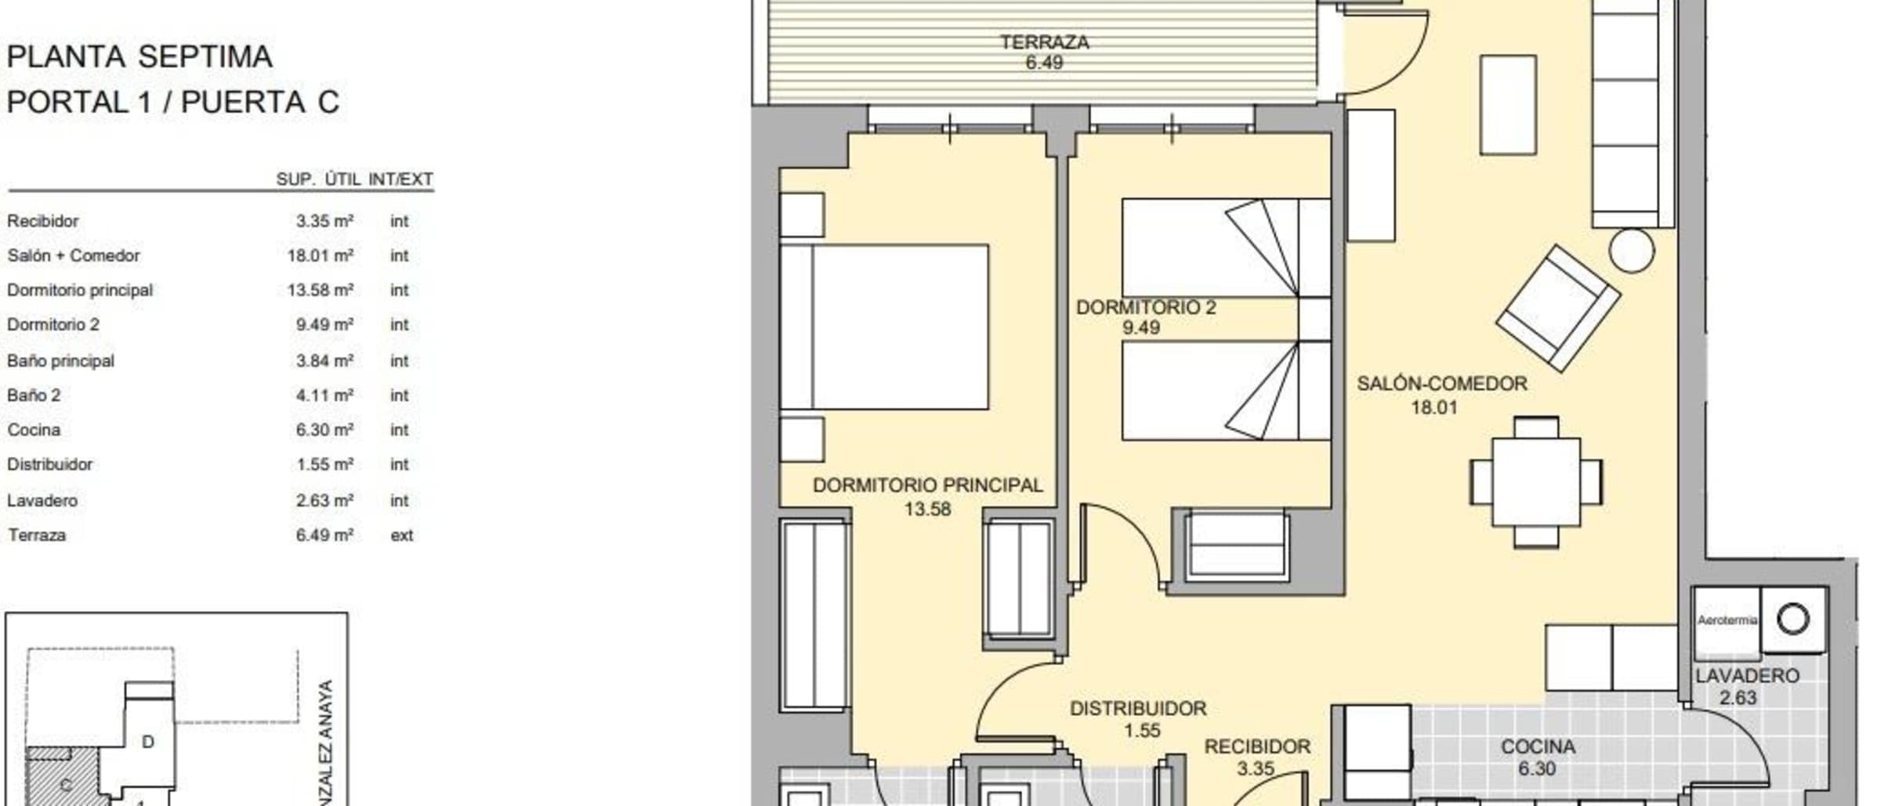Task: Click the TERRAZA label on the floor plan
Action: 1044,42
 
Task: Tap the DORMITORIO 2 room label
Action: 1146,307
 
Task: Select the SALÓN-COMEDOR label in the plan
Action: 1442,384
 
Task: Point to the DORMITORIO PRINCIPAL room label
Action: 928,486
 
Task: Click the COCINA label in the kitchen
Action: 1538,747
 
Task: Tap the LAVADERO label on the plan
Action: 1747,676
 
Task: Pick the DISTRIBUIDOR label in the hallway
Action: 1138,709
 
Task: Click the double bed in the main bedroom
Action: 884,327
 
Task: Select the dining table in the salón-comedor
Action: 1536,482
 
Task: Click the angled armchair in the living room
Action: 1557,308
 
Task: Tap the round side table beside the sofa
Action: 1632,251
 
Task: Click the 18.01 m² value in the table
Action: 320,255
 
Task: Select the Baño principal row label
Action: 60,361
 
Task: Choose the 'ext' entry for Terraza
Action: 401,536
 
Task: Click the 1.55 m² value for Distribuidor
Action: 324,464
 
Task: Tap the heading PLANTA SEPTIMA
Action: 140,57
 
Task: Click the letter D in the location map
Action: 147,742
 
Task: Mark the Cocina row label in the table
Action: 34,430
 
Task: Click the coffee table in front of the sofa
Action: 1508,105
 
